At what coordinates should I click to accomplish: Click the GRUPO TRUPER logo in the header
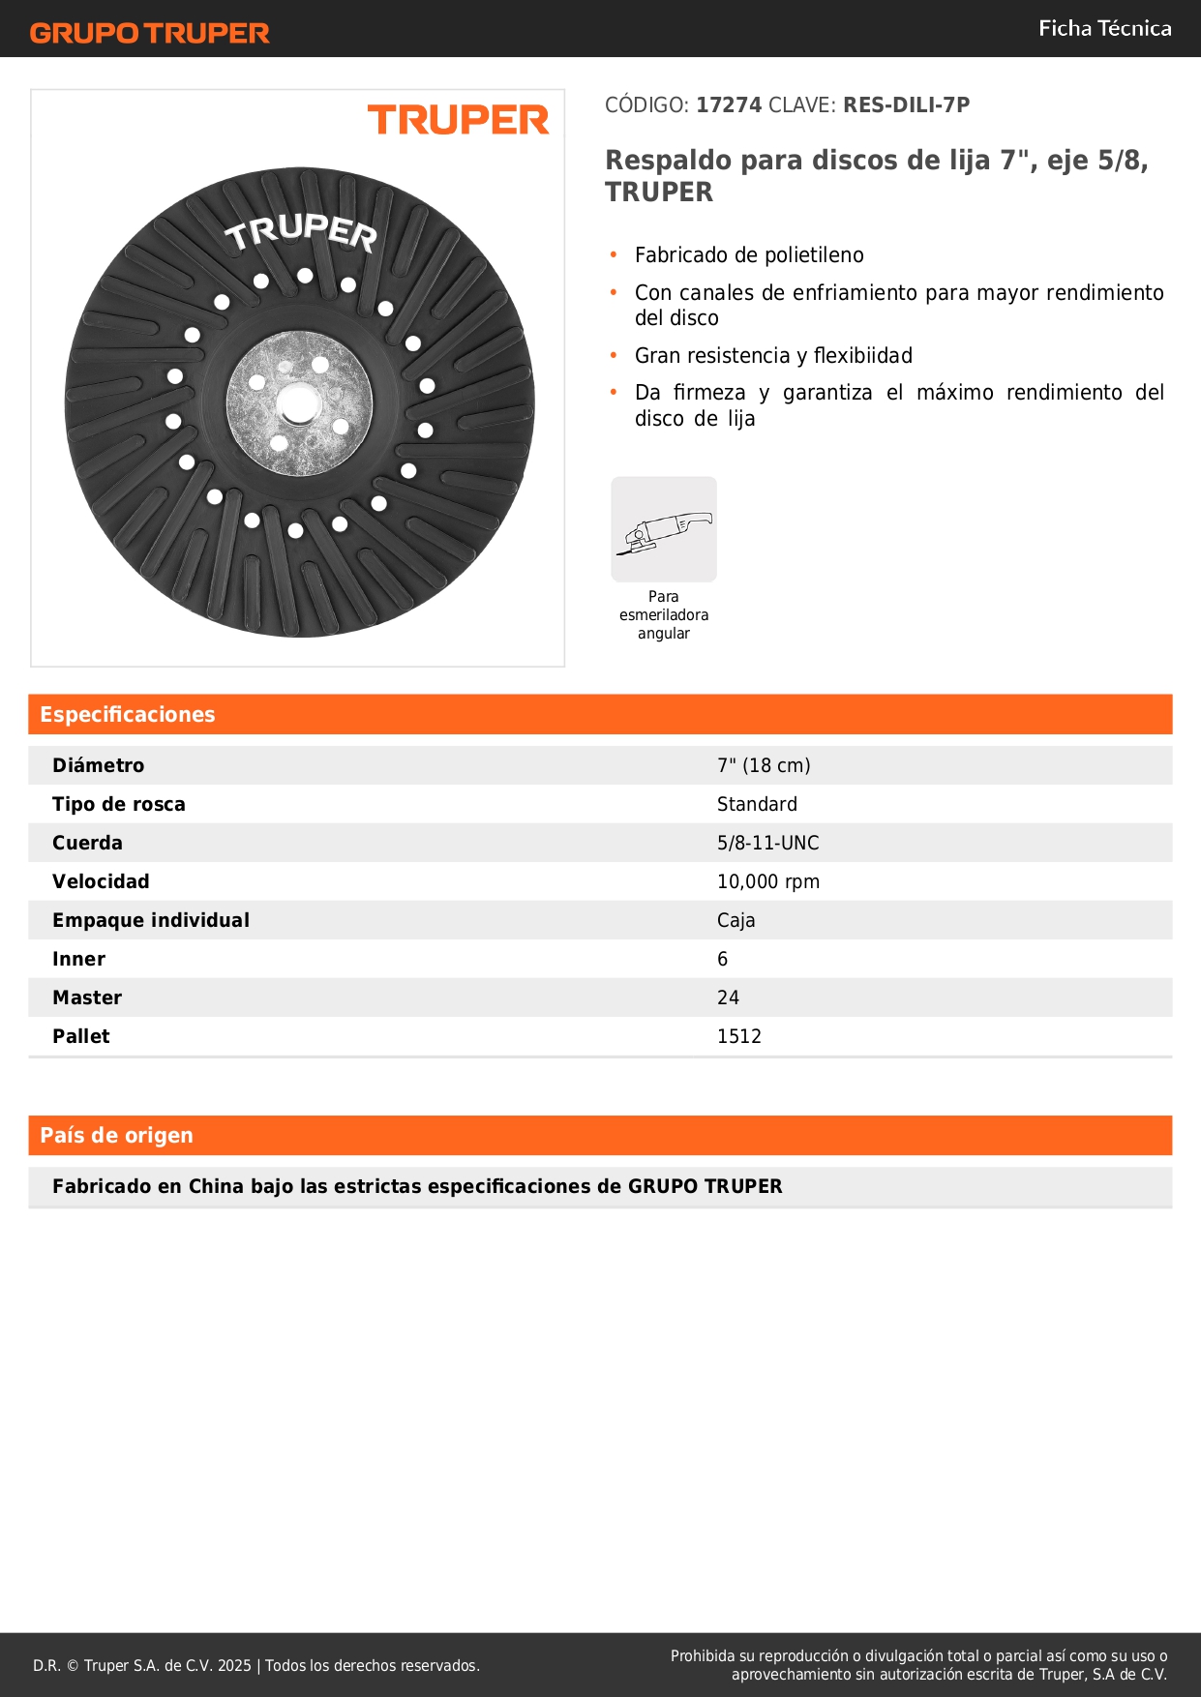click(x=149, y=33)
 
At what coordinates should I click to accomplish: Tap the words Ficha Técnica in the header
click(x=1104, y=28)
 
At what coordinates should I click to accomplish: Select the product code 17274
click(x=729, y=104)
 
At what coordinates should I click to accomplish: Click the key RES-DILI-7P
click(x=906, y=104)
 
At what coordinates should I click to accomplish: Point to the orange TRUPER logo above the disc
click(x=458, y=121)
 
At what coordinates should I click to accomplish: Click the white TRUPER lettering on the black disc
click(x=300, y=231)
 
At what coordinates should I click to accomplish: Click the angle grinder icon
click(x=664, y=529)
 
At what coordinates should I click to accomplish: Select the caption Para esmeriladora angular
click(x=664, y=615)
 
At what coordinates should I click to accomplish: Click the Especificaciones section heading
click(x=128, y=714)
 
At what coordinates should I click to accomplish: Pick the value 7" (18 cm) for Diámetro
click(x=764, y=765)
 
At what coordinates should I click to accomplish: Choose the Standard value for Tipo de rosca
click(x=757, y=804)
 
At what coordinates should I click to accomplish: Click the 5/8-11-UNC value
click(x=767, y=843)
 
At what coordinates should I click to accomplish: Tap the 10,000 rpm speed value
click(x=767, y=881)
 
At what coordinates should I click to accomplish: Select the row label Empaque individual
click(x=151, y=920)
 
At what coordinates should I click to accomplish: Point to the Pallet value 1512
click(x=738, y=1036)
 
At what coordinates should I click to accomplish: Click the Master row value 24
click(x=728, y=997)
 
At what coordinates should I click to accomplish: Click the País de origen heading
click(x=116, y=1135)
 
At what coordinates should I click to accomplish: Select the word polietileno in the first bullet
click(x=813, y=255)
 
